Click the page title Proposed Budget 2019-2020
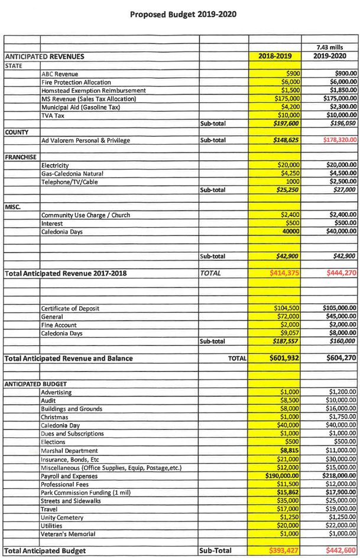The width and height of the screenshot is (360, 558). [183, 14]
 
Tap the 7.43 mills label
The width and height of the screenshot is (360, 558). [331, 47]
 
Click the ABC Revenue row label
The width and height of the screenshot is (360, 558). [60, 74]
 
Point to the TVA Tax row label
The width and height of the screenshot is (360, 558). [53, 116]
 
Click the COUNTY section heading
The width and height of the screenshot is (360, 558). [17, 132]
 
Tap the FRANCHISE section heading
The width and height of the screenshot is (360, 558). [21, 157]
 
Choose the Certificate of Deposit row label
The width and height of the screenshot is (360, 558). [70, 309]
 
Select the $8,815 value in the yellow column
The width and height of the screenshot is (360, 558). [290, 450]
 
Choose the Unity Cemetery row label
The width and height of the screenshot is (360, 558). [62, 517]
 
